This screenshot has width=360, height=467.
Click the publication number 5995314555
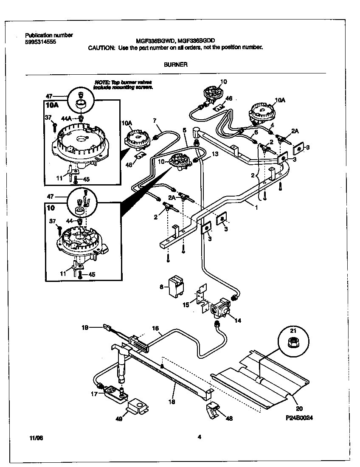[x=40, y=42]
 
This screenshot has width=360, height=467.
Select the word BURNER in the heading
[x=175, y=65]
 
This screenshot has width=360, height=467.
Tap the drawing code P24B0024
[x=300, y=418]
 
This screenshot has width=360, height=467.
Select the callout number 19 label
[x=84, y=327]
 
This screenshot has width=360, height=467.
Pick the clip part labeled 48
[x=213, y=411]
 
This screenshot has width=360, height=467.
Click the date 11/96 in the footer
[x=37, y=437]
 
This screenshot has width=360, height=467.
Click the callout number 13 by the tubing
[x=215, y=154]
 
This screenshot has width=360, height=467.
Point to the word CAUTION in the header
[x=101, y=48]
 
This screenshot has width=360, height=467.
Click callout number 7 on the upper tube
[x=155, y=120]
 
